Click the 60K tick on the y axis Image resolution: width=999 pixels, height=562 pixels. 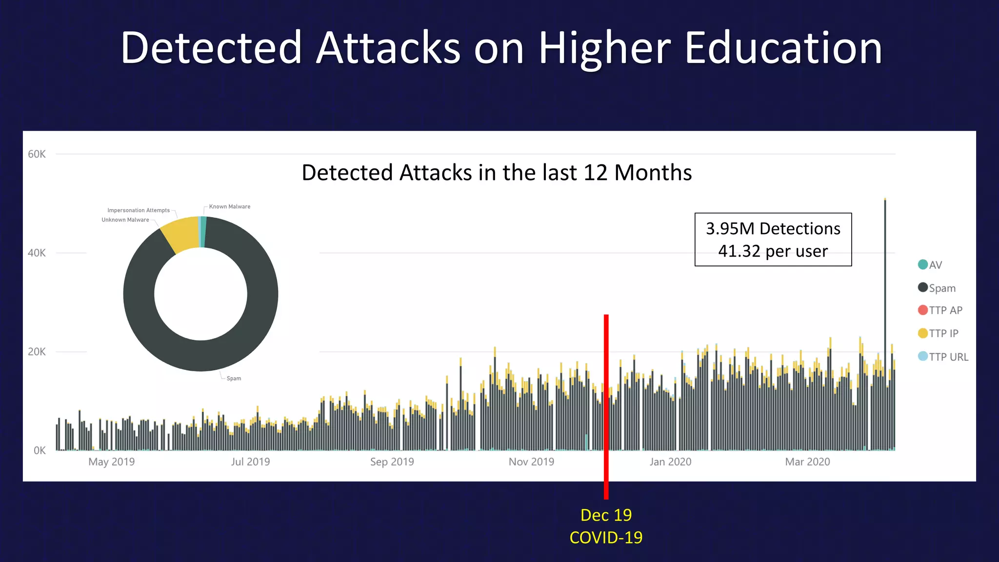coord(37,154)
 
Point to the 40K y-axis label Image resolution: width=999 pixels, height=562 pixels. coord(37,253)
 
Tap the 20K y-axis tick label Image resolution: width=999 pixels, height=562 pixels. coord(37,352)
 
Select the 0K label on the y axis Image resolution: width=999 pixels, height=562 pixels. coord(40,450)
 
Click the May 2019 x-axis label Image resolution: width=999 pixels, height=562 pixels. coord(111,462)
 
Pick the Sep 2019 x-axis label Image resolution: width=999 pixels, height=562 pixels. coord(392,462)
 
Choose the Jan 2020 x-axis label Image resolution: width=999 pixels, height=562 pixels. coord(670,462)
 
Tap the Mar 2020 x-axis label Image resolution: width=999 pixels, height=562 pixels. coord(807,462)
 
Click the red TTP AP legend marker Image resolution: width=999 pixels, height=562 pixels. coord(922,310)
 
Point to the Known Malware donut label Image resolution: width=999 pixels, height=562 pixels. coord(230,206)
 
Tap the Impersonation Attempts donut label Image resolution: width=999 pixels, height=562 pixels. coord(139,210)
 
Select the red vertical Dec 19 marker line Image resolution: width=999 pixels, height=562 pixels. coord(606,405)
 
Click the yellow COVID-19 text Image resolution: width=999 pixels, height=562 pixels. coord(606,537)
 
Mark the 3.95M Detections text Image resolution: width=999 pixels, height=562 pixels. coord(773,228)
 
